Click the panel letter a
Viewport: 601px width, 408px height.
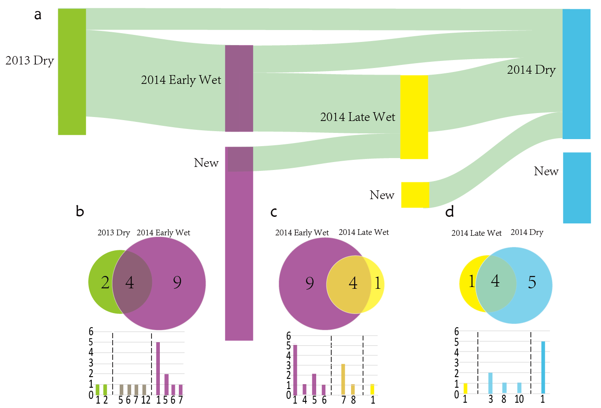pos(38,15)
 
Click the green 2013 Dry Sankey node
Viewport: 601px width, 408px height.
pos(72,72)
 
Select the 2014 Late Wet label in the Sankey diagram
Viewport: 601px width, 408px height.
pos(358,117)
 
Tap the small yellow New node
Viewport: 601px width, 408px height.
pos(415,195)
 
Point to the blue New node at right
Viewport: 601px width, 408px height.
pos(577,188)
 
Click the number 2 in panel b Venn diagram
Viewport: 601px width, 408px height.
pos(105,283)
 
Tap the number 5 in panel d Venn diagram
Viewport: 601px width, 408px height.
pos(532,283)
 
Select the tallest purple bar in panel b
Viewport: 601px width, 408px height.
pos(158,368)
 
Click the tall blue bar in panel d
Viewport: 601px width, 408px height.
pos(543,367)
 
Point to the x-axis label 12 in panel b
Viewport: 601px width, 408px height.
pos(146,400)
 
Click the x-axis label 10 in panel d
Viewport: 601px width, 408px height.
pos(519,400)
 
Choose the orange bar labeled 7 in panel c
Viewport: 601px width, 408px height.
pos(343,379)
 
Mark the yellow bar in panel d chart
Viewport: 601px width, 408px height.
pos(465,389)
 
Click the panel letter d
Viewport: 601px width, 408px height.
pos(450,212)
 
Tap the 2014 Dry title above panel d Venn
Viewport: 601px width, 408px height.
pos(527,232)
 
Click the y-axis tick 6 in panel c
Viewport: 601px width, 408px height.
pos(289,336)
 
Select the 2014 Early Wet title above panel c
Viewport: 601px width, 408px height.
pos(302,233)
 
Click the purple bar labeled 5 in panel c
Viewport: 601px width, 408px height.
pos(314,384)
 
